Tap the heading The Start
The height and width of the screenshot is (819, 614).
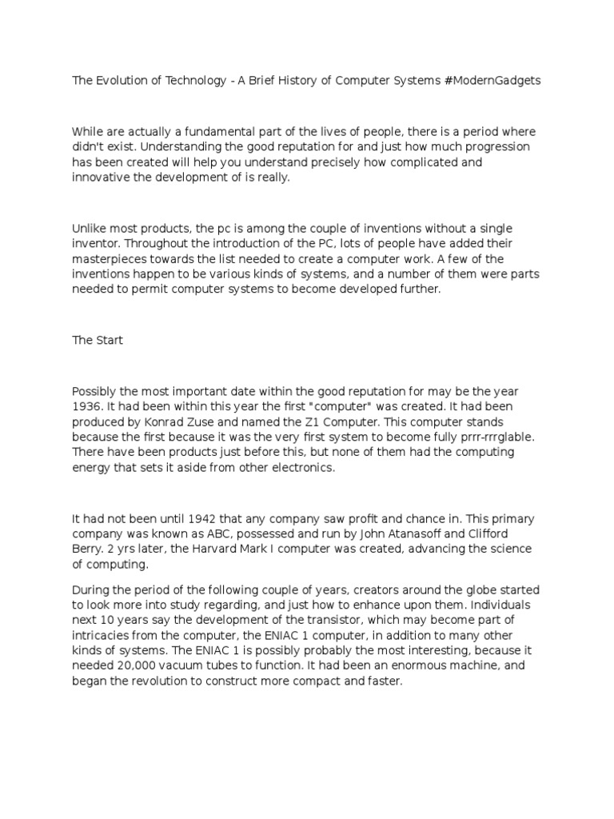(x=98, y=340)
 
